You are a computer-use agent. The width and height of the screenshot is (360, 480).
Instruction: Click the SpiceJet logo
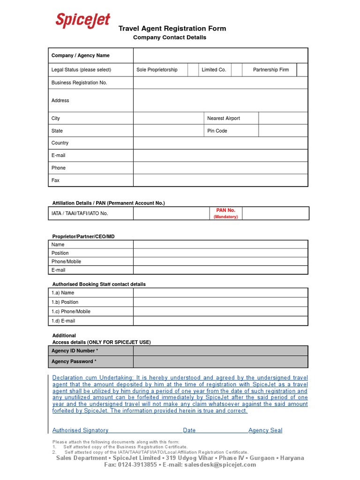pyautogui.click(x=83, y=20)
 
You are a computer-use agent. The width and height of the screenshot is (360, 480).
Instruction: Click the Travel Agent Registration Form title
pyautogui.click(x=172, y=29)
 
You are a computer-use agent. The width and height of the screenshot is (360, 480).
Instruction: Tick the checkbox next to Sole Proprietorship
pyautogui.click(x=193, y=70)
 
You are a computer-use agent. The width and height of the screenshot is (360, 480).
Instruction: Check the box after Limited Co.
pyautogui.click(x=236, y=70)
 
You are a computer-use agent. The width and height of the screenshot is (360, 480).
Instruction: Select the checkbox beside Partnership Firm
pyautogui.click(x=302, y=70)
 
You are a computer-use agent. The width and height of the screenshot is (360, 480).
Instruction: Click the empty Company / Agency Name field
pyautogui.click(x=220, y=55)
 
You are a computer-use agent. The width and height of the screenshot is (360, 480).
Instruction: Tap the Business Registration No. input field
pyautogui.click(x=220, y=82)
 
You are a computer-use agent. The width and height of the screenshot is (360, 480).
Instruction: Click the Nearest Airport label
pyautogui.click(x=224, y=118)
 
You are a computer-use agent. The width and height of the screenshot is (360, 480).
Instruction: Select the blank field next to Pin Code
pyautogui.click(x=283, y=131)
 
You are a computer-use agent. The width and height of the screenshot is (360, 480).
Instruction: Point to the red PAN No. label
pyautogui.click(x=225, y=211)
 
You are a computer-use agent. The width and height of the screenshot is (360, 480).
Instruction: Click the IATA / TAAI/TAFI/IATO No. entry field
pyautogui.click(x=171, y=213)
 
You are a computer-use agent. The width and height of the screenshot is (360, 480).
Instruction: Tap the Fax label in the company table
pyautogui.click(x=55, y=180)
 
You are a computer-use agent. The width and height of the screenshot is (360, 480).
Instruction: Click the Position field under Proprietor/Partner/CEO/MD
pyautogui.click(x=220, y=253)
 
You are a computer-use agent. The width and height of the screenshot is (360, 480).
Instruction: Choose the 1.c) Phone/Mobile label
pyautogui.click(x=71, y=311)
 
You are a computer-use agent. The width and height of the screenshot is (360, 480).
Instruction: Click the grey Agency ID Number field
pyautogui.click(x=220, y=351)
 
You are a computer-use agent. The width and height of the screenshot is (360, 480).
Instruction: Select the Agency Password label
pyautogui.click(x=74, y=361)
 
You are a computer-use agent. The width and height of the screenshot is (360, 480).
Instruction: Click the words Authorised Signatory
pyautogui.click(x=80, y=430)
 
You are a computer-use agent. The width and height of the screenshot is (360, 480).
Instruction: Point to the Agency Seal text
pyautogui.click(x=265, y=430)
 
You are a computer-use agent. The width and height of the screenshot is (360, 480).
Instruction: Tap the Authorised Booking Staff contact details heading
pyautogui.click(x=99, y=284)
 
